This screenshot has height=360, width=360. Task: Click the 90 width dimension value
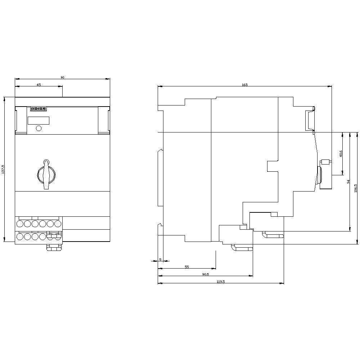point(62,77)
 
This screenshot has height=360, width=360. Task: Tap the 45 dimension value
point(39,85)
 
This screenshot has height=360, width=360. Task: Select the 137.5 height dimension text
point(3,169)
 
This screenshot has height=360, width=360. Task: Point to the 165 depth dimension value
point(244,85)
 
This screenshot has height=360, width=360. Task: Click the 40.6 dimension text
point(341,154)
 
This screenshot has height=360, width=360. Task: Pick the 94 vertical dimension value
point(348,182)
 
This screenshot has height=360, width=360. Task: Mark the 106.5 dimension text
point(356,188)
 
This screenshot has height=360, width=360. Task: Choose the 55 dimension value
point(186,267)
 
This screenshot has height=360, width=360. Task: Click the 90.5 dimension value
point(205,274)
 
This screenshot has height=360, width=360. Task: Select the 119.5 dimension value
point(221,282)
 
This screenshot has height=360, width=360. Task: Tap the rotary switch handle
point(46,175)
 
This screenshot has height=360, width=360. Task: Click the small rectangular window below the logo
point(38,121)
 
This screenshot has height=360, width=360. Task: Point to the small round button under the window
point(39,128)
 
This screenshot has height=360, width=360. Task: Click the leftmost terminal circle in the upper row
point(19,224)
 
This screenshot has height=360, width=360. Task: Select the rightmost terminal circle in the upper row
point(58,224)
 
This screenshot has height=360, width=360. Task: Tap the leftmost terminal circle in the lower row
point(19,237)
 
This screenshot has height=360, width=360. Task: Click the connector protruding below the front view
point(54,248)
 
